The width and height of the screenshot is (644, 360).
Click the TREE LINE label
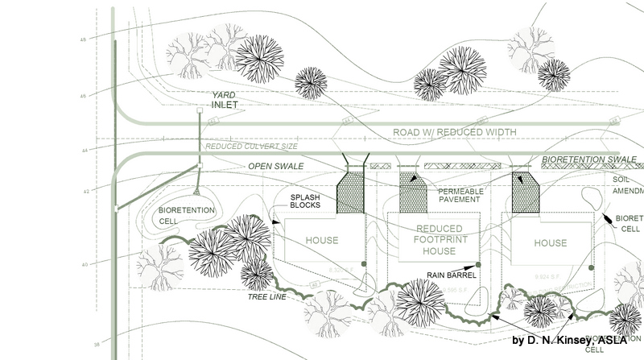point(269,296)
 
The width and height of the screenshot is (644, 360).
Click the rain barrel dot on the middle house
point(479,264)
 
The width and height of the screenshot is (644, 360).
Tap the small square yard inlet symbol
point(200,110)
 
